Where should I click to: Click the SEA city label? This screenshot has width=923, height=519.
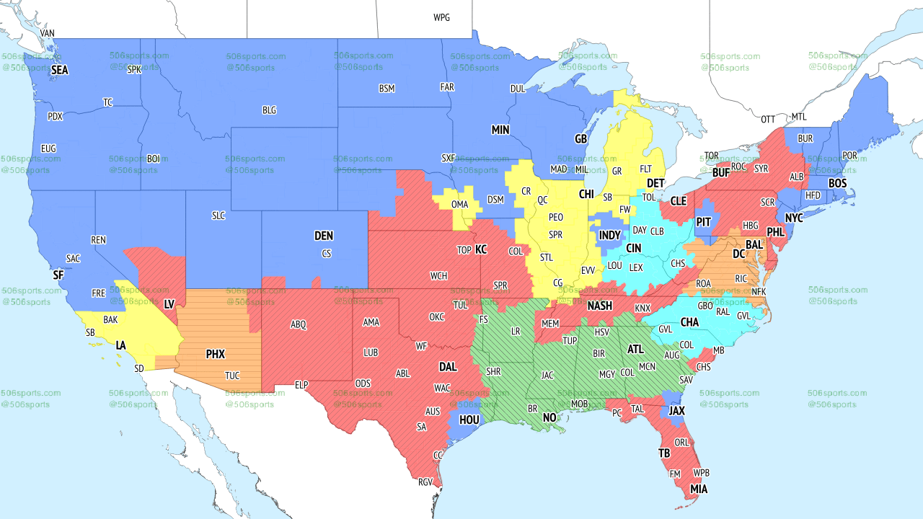pos(60,70)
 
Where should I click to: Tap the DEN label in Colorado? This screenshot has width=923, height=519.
pos(324,236)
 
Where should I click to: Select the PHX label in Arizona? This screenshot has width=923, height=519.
pos(215,354)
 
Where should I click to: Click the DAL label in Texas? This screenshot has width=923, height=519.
pos(448,367)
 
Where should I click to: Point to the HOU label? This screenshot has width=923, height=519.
pos(469,419)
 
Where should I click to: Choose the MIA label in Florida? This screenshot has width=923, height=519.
pos(698,489)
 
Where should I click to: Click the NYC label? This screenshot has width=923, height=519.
pos(794,218)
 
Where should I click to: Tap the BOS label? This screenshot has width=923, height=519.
pos(837,184)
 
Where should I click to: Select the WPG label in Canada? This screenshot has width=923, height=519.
pos(441,17)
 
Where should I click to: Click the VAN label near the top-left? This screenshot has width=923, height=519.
pos(48,33)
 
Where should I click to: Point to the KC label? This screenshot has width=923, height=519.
pos(481,249)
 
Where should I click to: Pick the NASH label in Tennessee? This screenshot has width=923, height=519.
pos(599,306)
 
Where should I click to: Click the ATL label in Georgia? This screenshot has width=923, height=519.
pos(635,349)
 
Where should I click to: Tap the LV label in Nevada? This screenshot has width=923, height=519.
pos(169,304)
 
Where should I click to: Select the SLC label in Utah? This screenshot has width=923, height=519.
pos(219,216)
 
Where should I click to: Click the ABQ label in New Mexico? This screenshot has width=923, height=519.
pos(299,324)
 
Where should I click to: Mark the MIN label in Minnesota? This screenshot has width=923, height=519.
pos(500,130)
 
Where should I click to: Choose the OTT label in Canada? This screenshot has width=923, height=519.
pos(768,119)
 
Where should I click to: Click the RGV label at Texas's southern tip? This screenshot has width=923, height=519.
pos(425,482)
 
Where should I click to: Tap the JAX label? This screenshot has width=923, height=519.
pos(676,410)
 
